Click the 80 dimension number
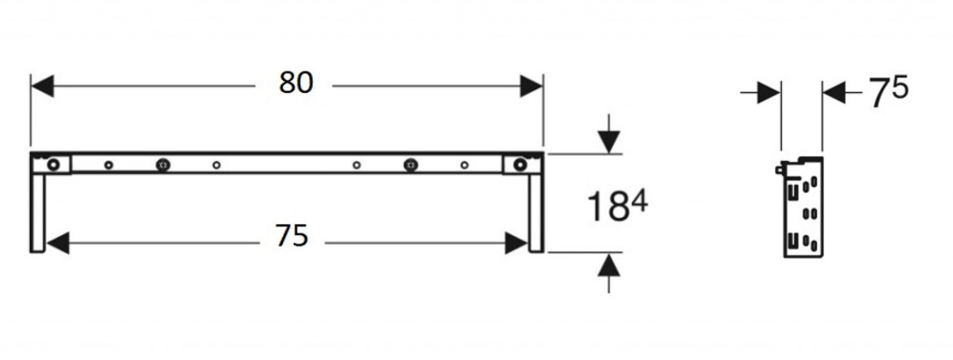296,83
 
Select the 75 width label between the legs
291,235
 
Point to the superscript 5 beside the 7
899,87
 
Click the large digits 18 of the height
608,207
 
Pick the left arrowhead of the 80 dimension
43,87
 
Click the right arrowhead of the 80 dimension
531,87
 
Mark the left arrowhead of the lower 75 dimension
58,244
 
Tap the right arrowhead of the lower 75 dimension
517,244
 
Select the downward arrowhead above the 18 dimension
609,142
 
